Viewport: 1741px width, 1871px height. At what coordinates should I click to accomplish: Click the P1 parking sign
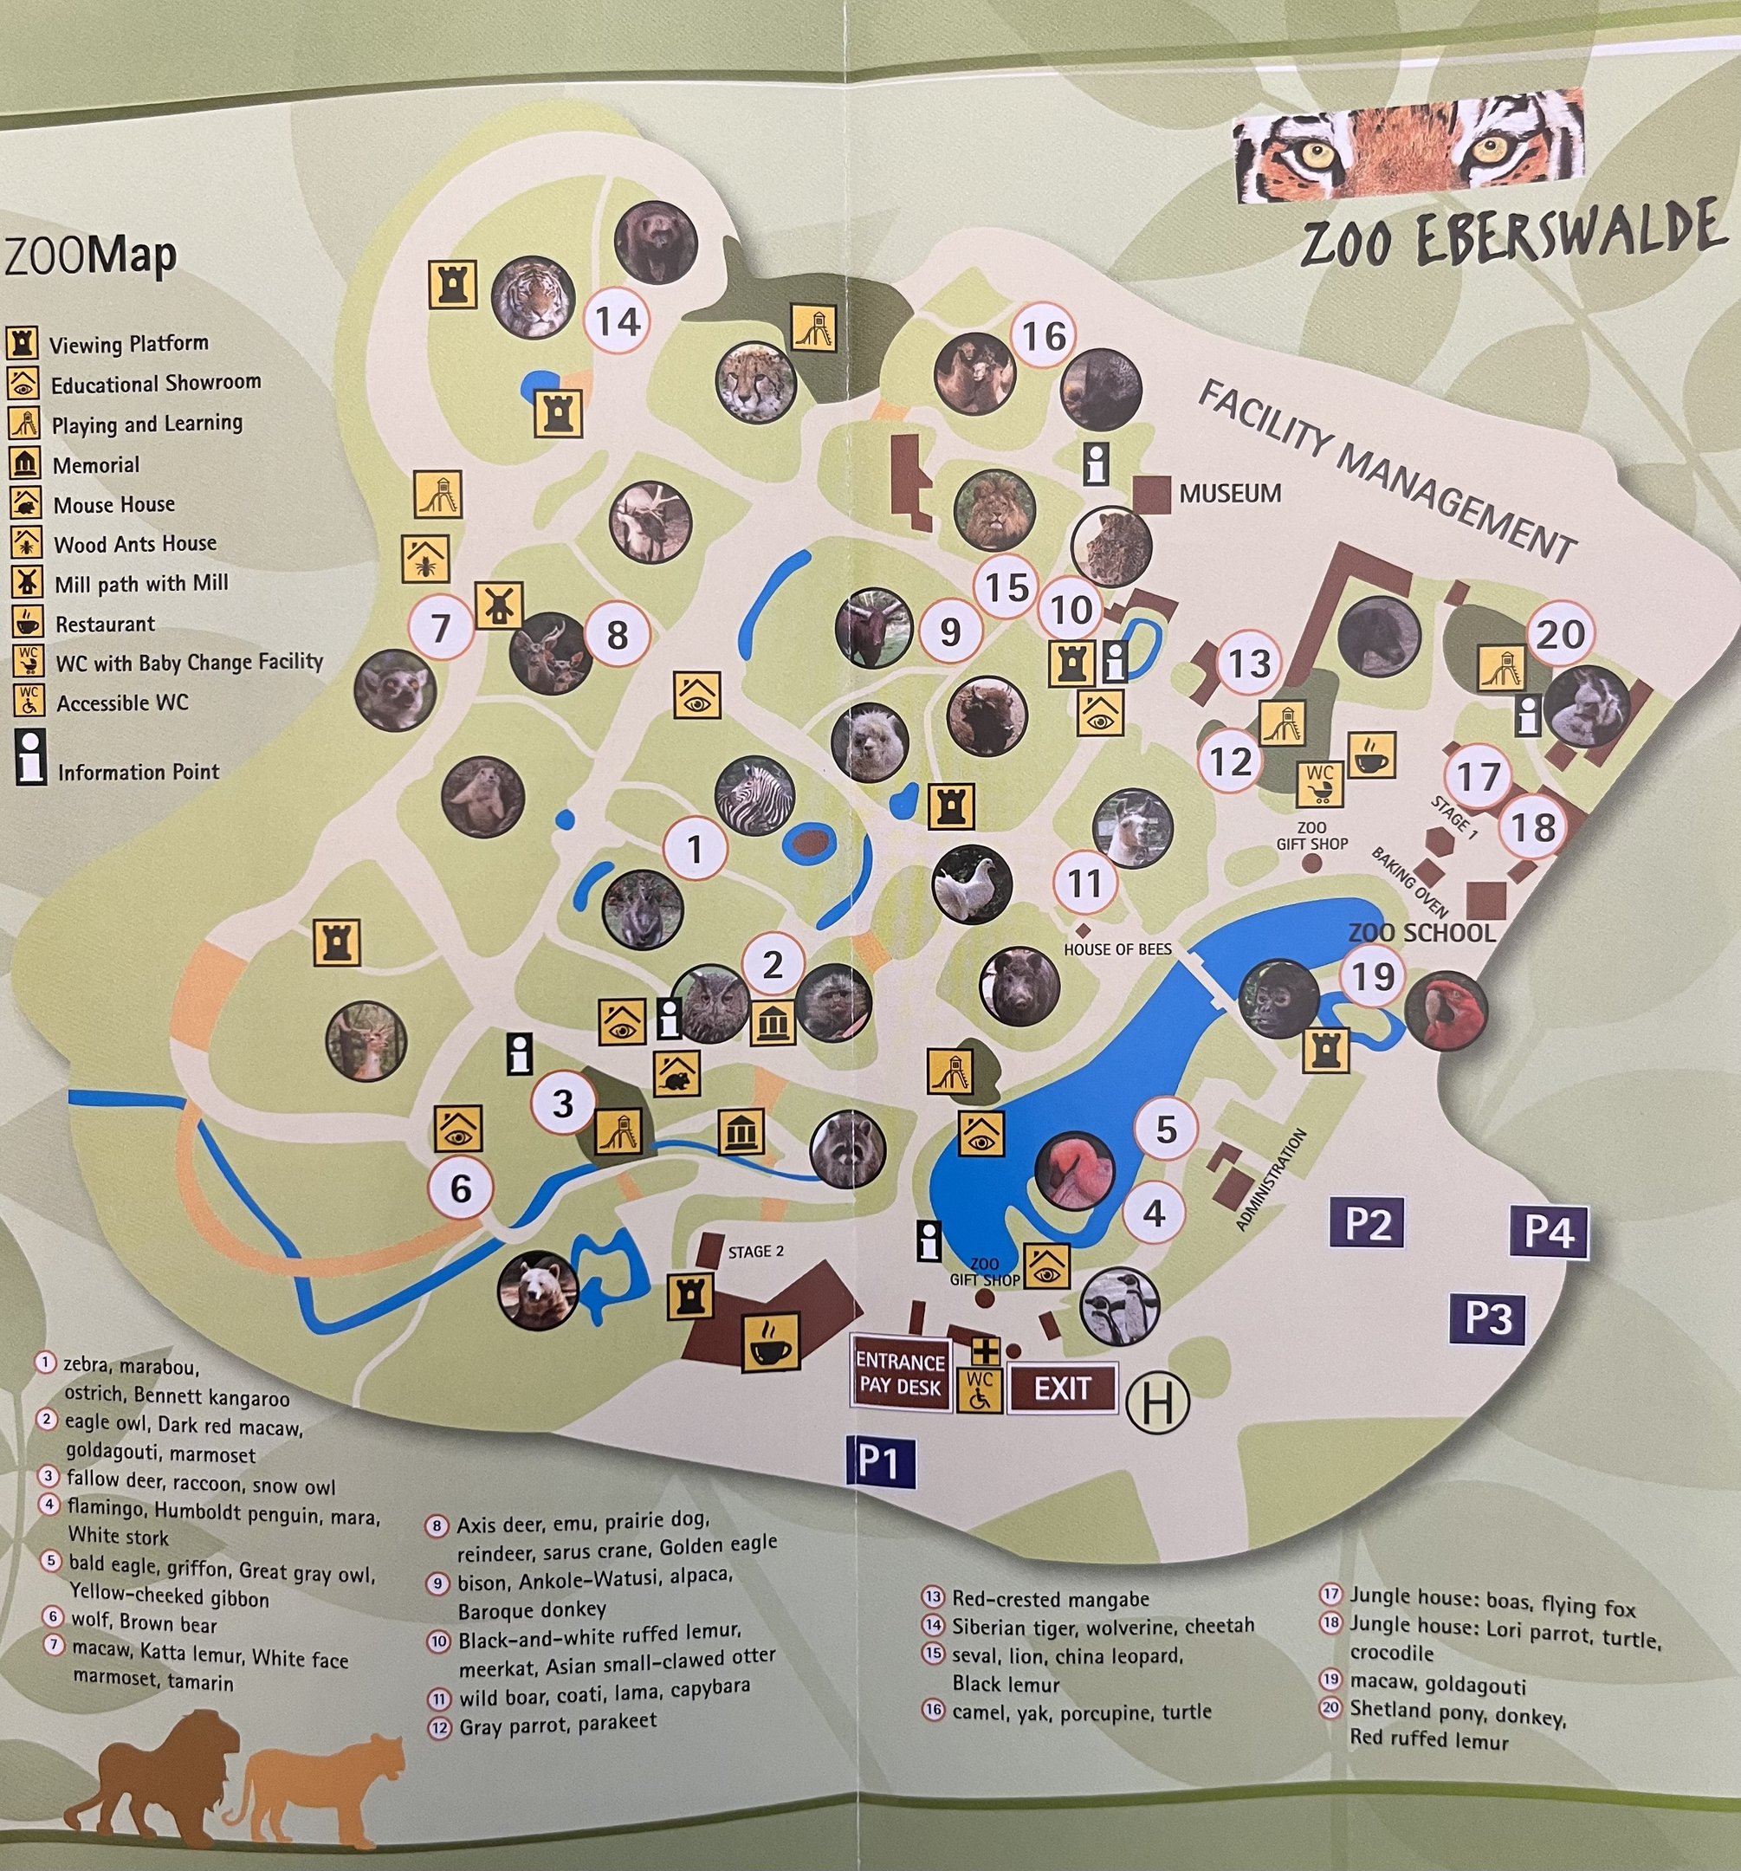(880, 1461)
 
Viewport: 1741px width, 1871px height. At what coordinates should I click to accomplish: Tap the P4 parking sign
(1549, 1231)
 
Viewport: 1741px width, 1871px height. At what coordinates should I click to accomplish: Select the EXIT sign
(1063, 1389)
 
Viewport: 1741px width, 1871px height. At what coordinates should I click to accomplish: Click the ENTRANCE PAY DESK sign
(900, 1373)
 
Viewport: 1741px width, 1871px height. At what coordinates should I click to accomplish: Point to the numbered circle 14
(618, 322)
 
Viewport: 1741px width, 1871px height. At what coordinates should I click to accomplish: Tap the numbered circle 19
(1372, 976)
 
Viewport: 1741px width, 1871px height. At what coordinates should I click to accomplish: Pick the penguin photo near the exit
(1119, 1305)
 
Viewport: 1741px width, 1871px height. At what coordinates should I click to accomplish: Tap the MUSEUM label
(1230, 493)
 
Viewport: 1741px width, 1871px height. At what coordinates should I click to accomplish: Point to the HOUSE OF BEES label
(1117, 949)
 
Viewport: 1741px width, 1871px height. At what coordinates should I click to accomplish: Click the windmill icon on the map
(499, 605)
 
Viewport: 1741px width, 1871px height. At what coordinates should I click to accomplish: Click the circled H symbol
(1157, 1401)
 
